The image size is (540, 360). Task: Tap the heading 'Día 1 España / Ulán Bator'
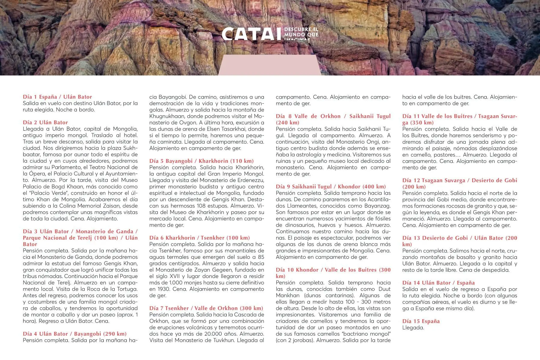tap(57, 97)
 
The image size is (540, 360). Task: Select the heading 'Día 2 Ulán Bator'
tap(45, 122)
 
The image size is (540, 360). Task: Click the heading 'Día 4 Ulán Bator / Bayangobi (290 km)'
tap(75, 334)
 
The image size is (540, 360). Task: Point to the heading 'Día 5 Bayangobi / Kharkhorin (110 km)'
tap(201, 161)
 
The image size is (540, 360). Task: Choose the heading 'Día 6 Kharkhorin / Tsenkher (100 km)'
tap(199, 238)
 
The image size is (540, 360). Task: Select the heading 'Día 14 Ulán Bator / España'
tap(438, 283)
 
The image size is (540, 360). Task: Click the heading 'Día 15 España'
tap(421, 321)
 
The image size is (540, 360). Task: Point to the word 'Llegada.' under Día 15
tap(413, 328)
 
